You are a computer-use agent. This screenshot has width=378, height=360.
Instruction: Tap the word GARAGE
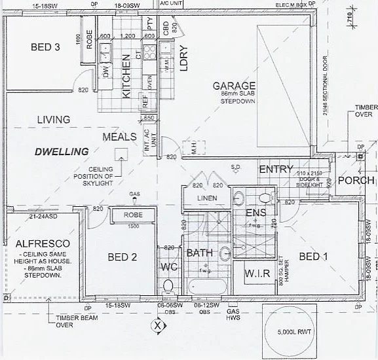(x=233, y=86)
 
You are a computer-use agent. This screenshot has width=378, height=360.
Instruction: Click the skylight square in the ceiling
(x=121, y=154)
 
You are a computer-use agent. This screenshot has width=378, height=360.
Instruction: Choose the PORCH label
(x=359, y=180)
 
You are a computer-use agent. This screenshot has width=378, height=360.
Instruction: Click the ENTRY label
(x=276, y=170)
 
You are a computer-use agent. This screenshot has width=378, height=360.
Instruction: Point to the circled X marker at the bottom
(x=157, y=324)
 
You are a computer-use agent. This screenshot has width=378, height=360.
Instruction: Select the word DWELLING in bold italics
(x=62, y=152)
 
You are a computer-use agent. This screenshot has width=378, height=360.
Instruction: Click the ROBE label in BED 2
(x=133, y=215)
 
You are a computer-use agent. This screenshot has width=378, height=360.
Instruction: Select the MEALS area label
(x=119, y=137)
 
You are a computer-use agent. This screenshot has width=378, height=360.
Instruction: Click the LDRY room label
(x=184, y=58)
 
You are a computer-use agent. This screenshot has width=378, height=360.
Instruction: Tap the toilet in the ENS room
(x=263, y=197)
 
